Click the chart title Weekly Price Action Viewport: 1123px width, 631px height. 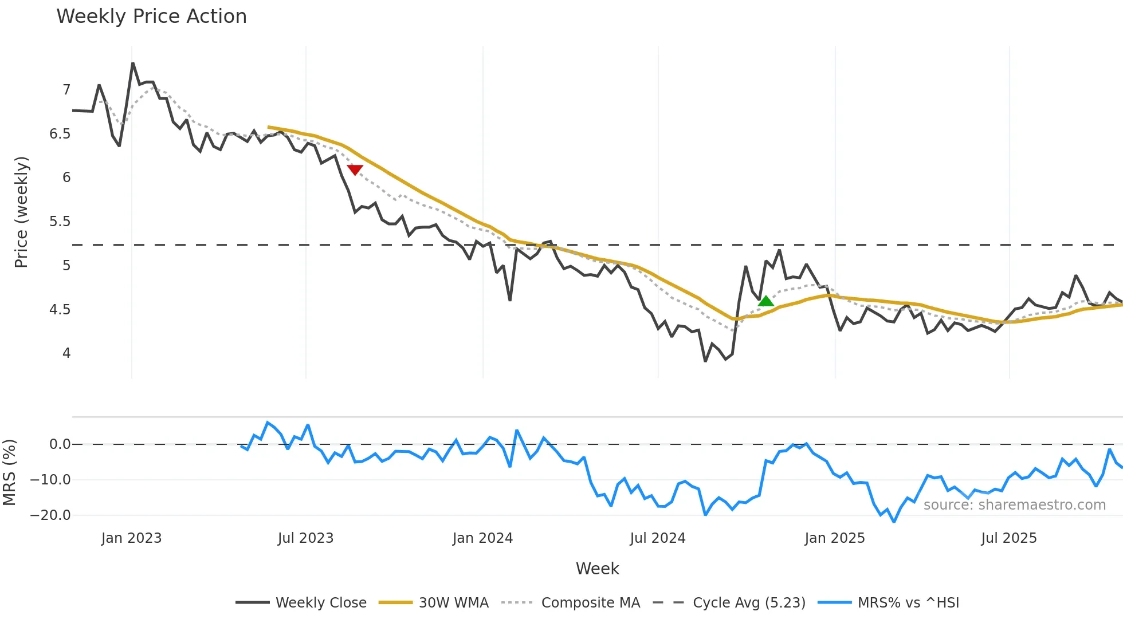pos(151,17)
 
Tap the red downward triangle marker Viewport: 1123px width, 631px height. pos(355,169)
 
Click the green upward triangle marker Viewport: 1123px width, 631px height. pos(765,301)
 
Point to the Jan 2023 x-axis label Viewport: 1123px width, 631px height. pos(131,538)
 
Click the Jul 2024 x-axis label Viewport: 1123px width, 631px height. pos(657,538)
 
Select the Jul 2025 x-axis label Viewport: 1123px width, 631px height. pos(1008,538)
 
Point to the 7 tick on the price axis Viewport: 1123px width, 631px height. pos(66,90)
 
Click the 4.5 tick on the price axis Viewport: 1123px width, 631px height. pos(60,310)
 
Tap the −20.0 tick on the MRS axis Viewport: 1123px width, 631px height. pos(50,515)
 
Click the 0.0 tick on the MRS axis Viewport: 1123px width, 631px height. pos(60,444)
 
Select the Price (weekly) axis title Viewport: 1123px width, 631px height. pos(21,212)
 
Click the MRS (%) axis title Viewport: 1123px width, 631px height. pos(9,472)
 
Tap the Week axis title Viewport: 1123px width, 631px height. pos(597,569)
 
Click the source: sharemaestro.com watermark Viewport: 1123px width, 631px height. pos(1014,505)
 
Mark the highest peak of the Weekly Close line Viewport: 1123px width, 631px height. pos(133,63)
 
